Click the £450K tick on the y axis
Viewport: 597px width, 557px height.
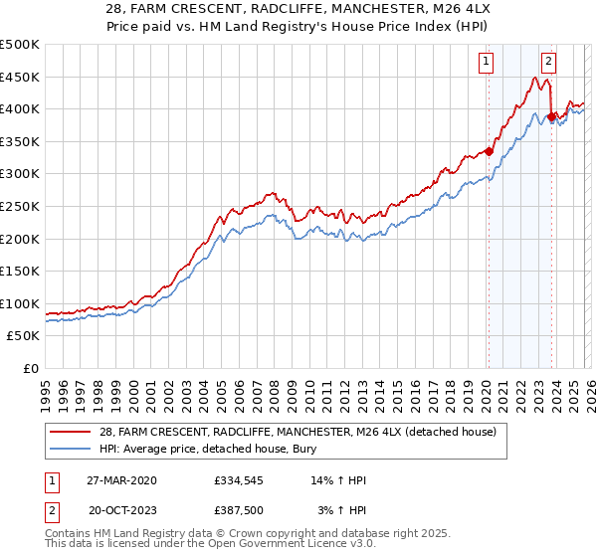pyautogui.click(x=20, y=77)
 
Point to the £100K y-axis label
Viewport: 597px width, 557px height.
pyautogui.click(x=20, y=303)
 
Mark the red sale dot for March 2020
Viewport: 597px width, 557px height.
pyautogui.click(x=489, y=151)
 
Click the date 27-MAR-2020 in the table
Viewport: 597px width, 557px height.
pyautogui.click(x=120, y=480)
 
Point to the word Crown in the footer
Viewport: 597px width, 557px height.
pyautogui.click(x=253, y=533)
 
